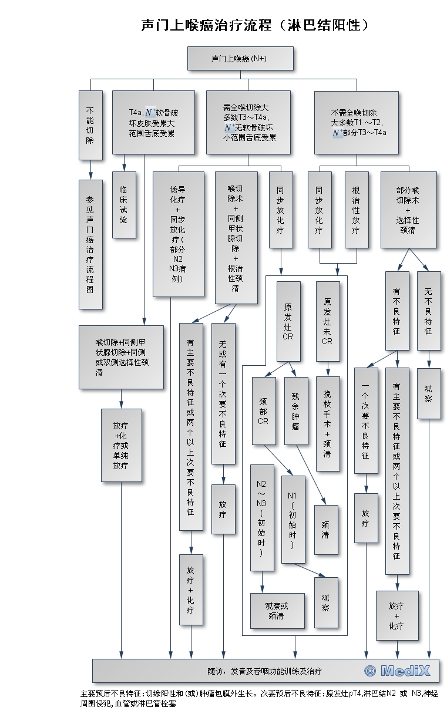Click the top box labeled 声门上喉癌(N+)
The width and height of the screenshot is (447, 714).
pos(240,58)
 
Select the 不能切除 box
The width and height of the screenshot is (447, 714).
pos(90,125)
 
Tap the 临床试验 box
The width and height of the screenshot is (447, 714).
pos(124,205)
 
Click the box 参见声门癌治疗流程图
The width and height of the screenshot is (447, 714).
pos(90,244)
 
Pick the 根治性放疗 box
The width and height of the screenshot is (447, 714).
pos(357,210)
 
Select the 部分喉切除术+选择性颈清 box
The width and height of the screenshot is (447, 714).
pos(408,210)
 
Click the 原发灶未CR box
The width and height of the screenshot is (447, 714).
pos(328,321)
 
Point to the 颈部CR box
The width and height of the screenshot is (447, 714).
pos(264,410)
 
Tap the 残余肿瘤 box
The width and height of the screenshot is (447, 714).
pos(296,410)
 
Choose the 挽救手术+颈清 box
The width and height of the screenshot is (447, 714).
pos(328,423)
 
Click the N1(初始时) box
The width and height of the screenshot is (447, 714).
pos(293,520)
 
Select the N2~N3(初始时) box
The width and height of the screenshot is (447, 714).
pos(262,518)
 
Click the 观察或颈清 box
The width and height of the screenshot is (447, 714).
pos(277,611)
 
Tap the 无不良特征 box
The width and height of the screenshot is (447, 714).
pos(429,311)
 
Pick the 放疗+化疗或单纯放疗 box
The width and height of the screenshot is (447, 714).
pos(122,445)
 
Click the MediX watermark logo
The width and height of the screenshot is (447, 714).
pos(397,671)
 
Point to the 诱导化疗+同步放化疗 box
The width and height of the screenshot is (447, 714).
pos(178,234)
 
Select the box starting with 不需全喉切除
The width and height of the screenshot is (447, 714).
pos(357,123)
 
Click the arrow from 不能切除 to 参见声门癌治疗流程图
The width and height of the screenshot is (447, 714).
pos(90,170)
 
